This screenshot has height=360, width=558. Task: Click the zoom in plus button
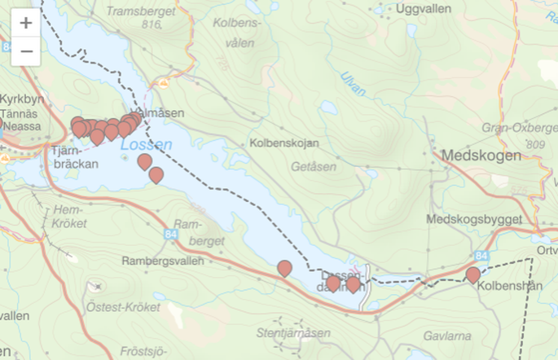[x=26, y=23]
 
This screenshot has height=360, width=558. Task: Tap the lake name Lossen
[x=146, y=145]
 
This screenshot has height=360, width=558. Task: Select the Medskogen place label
[x=481, y=156]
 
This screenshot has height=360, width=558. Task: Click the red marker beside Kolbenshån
[x=472, y=275]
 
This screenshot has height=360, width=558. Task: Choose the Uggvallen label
[x=422, y=8]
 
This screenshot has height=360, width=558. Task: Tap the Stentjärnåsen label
[x=294, y=332]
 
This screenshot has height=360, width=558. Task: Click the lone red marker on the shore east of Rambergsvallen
[x=284, y=268]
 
